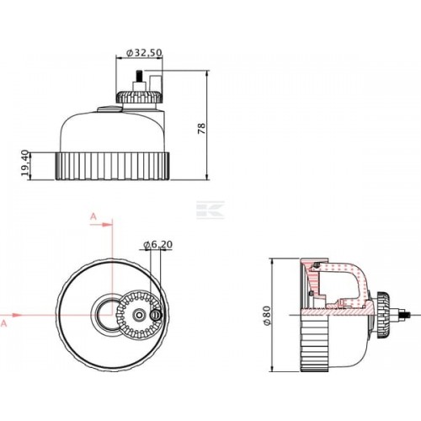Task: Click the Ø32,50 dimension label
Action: [x=144, y=52]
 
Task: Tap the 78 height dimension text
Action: [x=201, y=129]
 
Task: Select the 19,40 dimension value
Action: [x=25, y=163]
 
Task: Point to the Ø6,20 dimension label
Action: [x=157, y=245]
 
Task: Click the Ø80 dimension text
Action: [x=267, y=315]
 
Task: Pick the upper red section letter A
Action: [x=93, y=216]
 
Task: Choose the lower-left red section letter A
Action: [x=3, y=323]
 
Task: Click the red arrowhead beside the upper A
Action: [x=106, y=225]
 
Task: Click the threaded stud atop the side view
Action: [x=139, y=76]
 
